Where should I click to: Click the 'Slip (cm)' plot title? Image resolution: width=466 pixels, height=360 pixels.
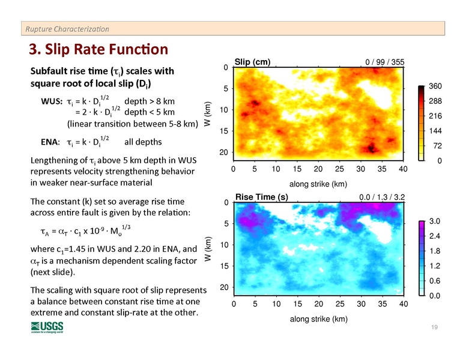click(253, 61)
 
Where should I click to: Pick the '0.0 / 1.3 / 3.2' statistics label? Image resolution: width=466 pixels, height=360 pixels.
click(381, 197)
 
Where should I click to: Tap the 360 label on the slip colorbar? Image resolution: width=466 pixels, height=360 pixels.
click(435, 87)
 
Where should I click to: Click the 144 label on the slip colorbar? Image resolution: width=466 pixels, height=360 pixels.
click(435, 130)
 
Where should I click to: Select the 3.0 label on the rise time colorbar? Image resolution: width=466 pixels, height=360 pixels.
click(434, 223)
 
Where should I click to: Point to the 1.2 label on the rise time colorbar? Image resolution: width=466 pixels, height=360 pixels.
click(434, 266)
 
